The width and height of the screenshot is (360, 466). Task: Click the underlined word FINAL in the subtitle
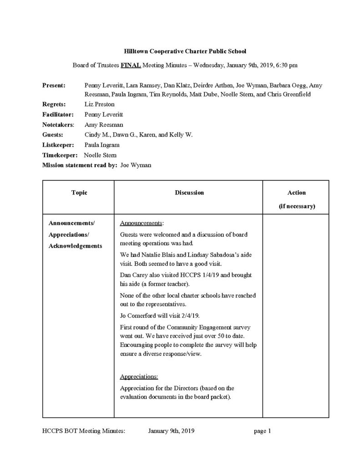point(131,65)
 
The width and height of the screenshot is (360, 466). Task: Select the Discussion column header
point(189,192)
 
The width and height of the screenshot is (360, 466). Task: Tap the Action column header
point(297,192)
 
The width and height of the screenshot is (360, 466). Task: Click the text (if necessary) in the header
point(297,206)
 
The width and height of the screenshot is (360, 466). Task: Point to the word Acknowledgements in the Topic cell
point(76,246)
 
